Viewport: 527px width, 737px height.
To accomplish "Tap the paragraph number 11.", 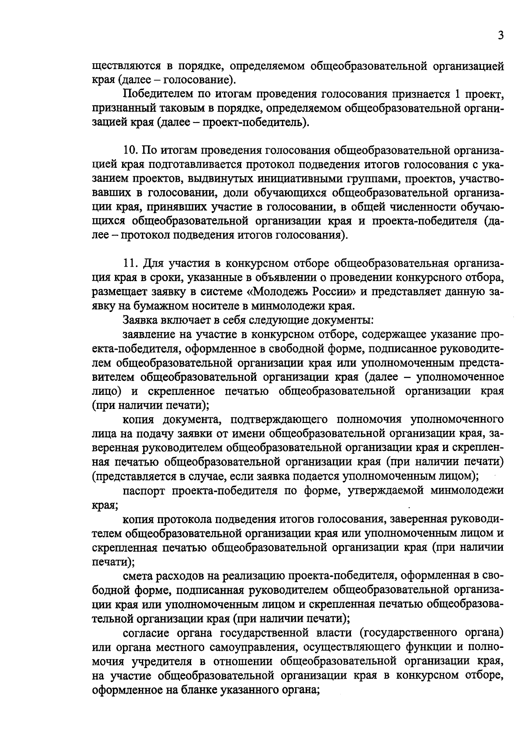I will tap(131, 264).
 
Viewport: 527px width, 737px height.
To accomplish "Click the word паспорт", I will tap(144, 491).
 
